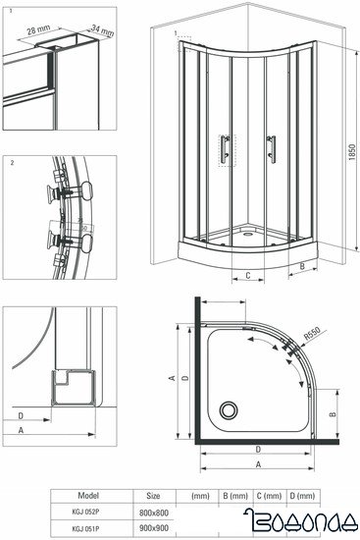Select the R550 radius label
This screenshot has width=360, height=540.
[x=312, y=336]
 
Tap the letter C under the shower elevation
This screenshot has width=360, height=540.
[x=248, y=276]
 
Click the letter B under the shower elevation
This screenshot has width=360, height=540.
[x=303, y=265]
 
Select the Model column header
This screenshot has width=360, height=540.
[x=87, y=497]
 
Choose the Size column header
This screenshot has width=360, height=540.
[x=153, y=497]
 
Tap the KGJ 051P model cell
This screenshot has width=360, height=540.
[x=87, y=527]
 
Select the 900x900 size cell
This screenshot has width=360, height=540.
[x=154, y=527]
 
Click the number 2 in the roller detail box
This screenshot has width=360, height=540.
[x=9, y=161]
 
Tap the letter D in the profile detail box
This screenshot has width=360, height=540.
[x=22, y=415]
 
